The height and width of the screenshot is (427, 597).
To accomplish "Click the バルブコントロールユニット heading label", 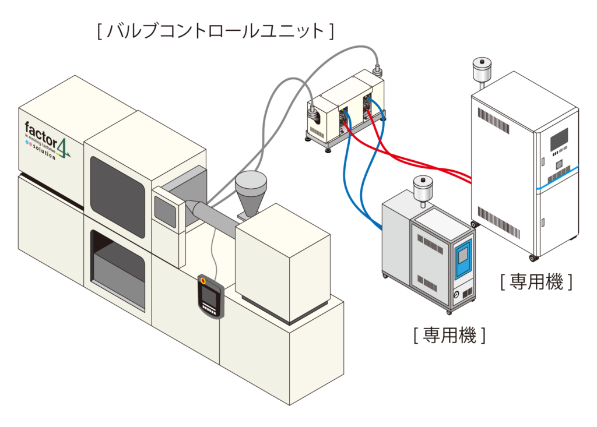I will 216,30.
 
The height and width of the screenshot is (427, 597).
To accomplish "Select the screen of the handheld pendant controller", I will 210,297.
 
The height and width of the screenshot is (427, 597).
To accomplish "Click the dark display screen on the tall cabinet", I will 559,139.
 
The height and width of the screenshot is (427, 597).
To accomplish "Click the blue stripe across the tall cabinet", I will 557,178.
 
